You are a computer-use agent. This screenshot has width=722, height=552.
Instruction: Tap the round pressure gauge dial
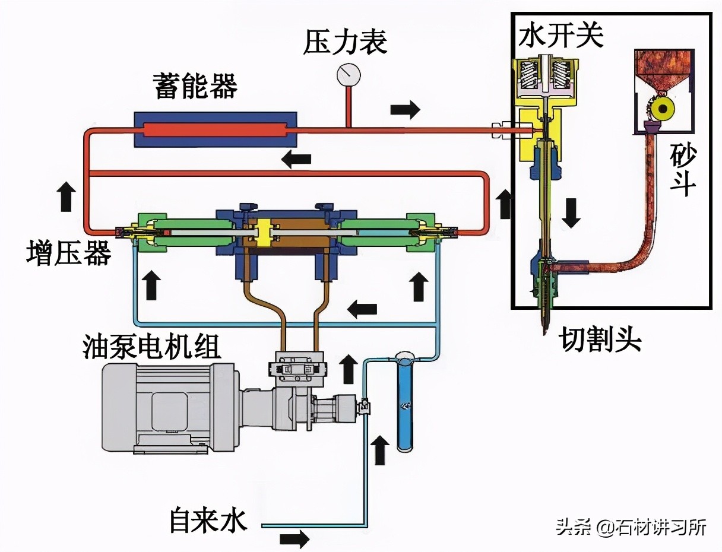coord(349,74)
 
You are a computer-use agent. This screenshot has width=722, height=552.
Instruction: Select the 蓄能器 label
coord(195,85)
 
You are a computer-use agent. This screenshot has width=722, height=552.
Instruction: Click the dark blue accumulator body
coord(216,129)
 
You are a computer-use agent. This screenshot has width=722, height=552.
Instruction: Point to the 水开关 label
coord(560,36)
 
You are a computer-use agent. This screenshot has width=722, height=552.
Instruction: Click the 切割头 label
coord(600,340)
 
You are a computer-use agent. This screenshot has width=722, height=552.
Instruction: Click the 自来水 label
coord(207,520)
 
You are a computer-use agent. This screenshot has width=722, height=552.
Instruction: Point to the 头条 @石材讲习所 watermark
coord(631,526)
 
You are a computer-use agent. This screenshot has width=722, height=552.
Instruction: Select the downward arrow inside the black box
coord(571,213)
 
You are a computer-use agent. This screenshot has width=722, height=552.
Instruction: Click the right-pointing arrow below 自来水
coord(294,540)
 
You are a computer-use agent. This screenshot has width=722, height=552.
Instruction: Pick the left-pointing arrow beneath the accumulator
coord(296,158)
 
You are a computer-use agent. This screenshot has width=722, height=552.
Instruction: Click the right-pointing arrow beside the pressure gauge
coord(405,109)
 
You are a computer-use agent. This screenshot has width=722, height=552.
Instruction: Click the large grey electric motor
coord(172,407)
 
